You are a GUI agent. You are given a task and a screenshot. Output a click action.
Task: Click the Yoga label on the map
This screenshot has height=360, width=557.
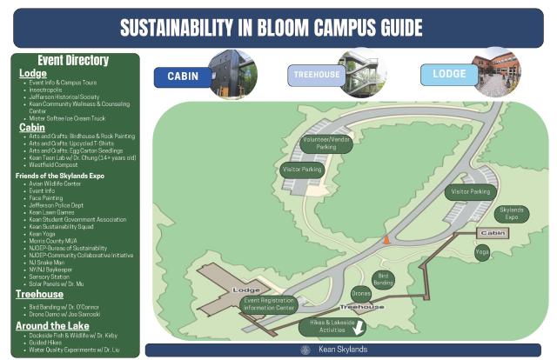482,251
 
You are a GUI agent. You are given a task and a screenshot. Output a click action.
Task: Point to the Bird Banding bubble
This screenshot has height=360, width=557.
384,280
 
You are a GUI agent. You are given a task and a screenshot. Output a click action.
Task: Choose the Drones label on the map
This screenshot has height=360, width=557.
360,294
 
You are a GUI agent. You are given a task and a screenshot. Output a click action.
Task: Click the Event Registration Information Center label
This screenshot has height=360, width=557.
268,303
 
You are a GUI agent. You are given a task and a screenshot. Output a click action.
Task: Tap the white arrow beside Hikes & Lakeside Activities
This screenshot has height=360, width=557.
357,329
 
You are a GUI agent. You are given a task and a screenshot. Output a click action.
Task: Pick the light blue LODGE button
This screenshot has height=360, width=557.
448,74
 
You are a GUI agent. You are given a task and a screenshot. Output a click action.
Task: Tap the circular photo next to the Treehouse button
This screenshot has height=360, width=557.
363,71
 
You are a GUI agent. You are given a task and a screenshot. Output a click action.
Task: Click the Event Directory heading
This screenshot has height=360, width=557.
74,61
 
